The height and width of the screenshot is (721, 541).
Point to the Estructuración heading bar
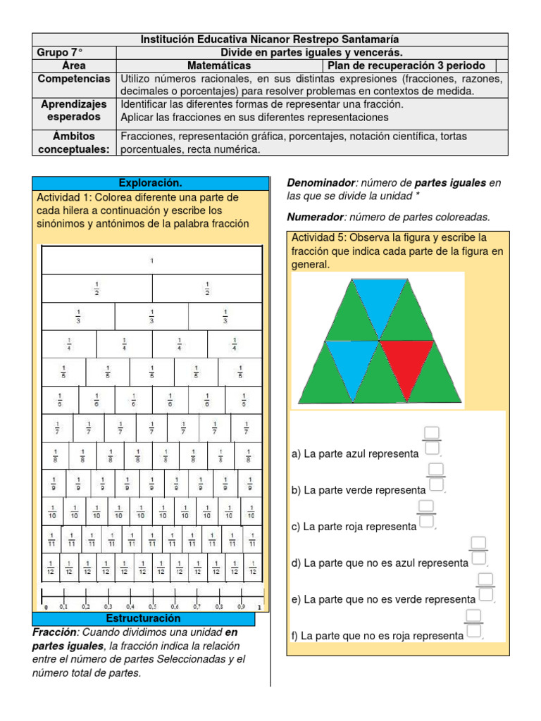143,618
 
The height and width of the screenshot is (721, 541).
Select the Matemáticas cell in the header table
219,65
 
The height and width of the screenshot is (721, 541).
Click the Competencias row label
75,79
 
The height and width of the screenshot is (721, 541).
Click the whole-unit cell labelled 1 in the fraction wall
151,261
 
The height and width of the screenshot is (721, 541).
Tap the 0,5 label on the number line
152,606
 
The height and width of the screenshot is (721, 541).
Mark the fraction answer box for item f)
473,624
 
